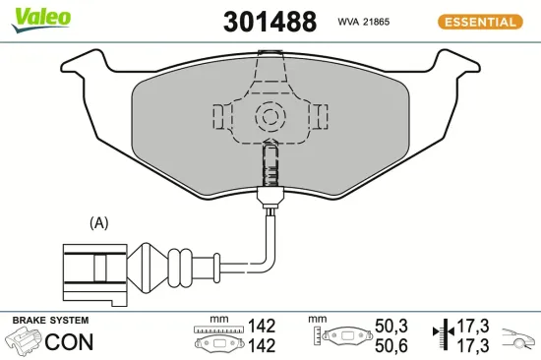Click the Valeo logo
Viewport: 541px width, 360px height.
[40, 16]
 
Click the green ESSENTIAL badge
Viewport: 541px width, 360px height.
[478, 22]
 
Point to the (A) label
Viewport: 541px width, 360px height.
[98, 223]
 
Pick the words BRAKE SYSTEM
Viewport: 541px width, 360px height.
[49, 321]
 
